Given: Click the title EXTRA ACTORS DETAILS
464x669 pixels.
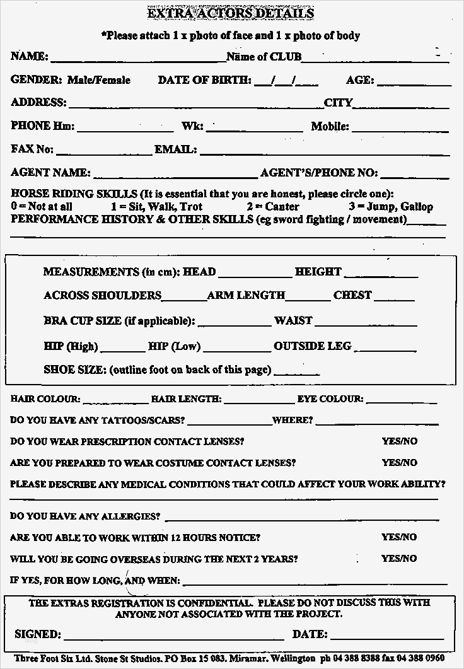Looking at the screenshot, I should pos(230,13).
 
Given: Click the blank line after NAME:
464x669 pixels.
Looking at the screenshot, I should pos(138,59).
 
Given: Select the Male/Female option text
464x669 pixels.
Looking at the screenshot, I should pos(98,80).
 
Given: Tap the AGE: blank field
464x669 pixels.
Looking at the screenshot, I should pos(414,82).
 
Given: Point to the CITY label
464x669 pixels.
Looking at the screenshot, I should pos(338,103).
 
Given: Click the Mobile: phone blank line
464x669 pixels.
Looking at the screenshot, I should pos(400,129).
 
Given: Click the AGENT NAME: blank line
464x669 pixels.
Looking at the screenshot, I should pos(175,175).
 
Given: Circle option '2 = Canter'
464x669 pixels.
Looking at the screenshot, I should pos(273,206).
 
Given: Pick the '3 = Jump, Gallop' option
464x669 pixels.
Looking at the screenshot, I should pos(390,206).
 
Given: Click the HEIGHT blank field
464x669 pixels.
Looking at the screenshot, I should pos(381,274).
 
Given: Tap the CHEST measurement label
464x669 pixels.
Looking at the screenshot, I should pos(352,295).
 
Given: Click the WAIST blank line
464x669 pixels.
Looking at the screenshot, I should pos(366,323).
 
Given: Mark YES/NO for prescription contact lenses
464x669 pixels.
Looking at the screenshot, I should pos(399,441).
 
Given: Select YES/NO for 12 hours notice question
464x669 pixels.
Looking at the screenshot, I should pos(399,537).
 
